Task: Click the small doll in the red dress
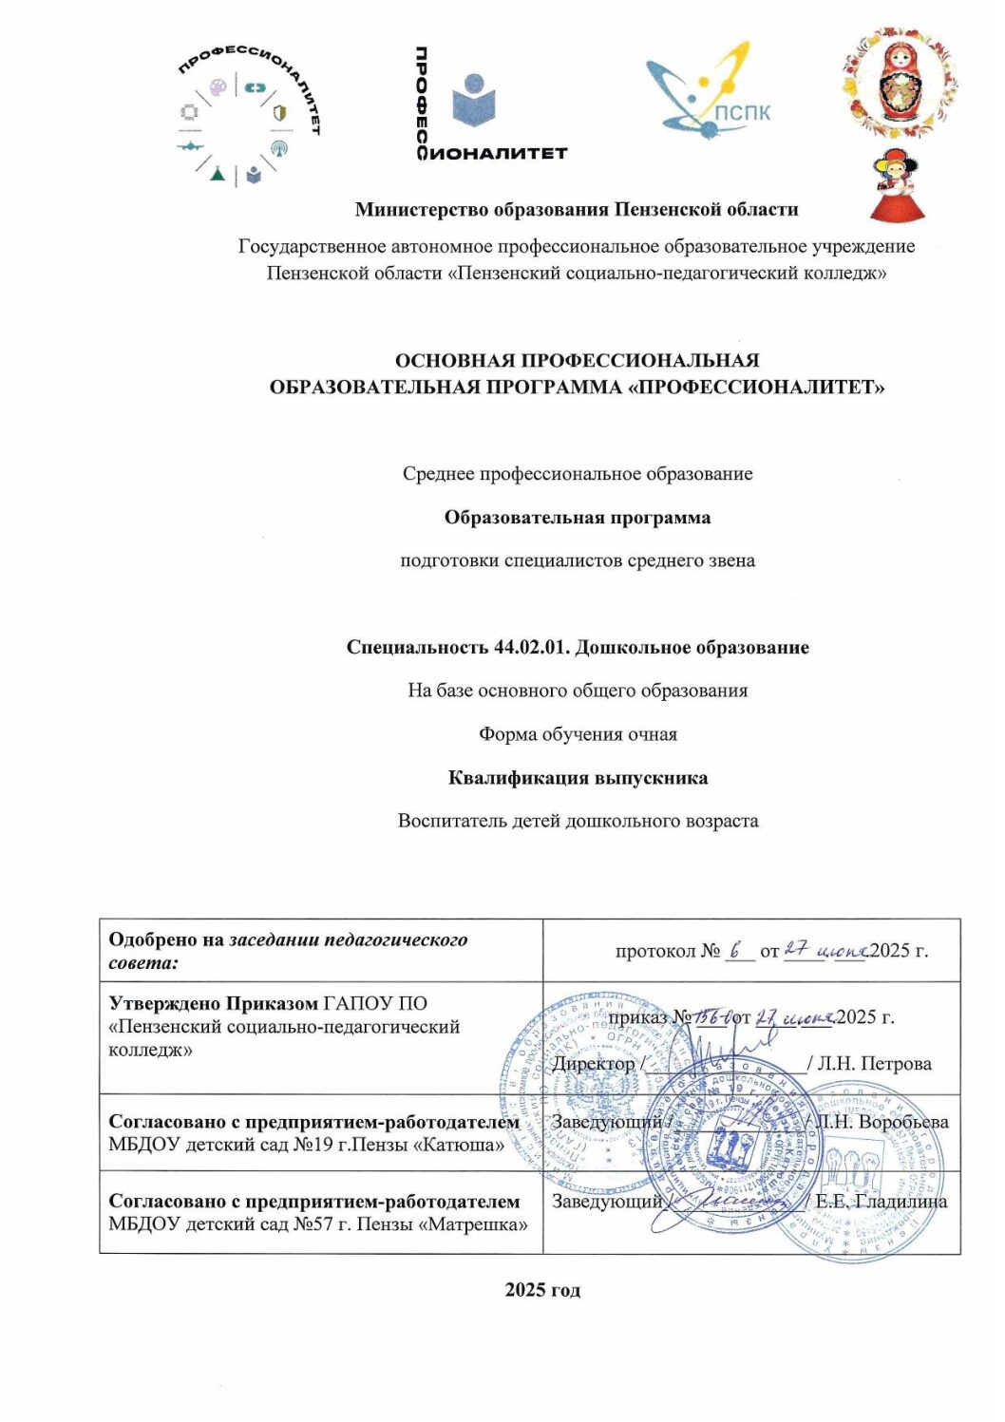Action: [898, 186]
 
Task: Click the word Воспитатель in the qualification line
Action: [451, 821]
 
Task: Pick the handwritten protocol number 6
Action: [737, 949]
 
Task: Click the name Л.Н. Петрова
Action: [874, 1064]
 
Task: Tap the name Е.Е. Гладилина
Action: [882, 1202]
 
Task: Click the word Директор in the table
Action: [593, 1064]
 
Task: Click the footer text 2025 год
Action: [542, 1289]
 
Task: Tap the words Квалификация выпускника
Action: [578, 778]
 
